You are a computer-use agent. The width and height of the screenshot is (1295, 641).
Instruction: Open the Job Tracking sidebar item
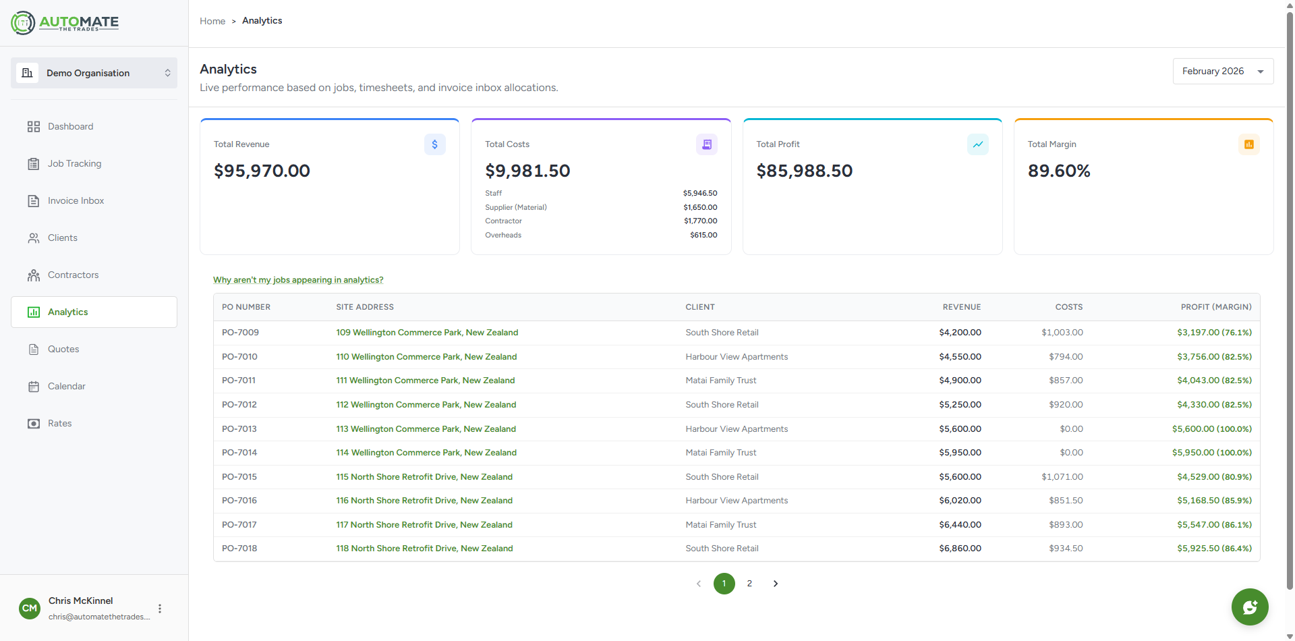pyautogui.click(x=74, y=164)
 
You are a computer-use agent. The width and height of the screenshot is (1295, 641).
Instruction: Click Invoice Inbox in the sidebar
pyautogui.click(x=76, y=201)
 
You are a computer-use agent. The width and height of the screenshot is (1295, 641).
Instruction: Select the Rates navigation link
pyautogui.click(x=59, y=424)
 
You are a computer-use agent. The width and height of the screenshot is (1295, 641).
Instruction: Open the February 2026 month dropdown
pyautogui.click(x=1222, y=72)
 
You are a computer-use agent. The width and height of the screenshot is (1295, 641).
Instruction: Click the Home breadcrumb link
pyautogui.click(x=212, y=22)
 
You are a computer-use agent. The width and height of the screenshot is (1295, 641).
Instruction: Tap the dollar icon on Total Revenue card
pyautogui.click(x=434, y=144)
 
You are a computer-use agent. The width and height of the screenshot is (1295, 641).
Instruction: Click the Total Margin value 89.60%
pyautogui.click(x=1058, y=171)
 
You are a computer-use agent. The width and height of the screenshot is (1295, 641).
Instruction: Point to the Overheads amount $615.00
pyautogui.click(x=703, y=235)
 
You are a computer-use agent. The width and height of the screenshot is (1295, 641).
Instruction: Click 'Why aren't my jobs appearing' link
pyautogui.click(x=298, y=280)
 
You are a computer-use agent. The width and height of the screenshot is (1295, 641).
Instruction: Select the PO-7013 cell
pyautogui.click(x=239, y=429)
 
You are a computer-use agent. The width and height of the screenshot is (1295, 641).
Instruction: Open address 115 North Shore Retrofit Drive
pyautogui.click(x=424, y=477)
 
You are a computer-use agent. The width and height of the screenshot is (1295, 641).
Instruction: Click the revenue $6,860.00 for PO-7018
pyautogui.click(x=960, y=549)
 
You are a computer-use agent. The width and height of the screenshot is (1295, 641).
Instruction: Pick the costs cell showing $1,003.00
pyautogui.click(x=1062, y=333)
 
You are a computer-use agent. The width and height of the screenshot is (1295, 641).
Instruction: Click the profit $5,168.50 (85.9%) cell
pyautogui.click(x=1214, y=501)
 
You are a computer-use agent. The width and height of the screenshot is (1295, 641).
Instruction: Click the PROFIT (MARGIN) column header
pyautogui.click(x=1215, y=307)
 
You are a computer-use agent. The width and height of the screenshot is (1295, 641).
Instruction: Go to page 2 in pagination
pyautogui.click(x=749, y=584)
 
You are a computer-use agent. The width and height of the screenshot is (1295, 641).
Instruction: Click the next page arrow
pyautogui.click(x=776, y=584)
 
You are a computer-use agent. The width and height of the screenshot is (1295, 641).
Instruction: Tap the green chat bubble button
pyautogui.click(x=1249, y=607)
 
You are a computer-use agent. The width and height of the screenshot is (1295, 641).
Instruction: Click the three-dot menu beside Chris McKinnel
pyautogui.click(x=160, y=609)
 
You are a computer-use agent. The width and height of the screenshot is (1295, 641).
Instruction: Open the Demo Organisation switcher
pyautogui.click(x=94, y=73)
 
